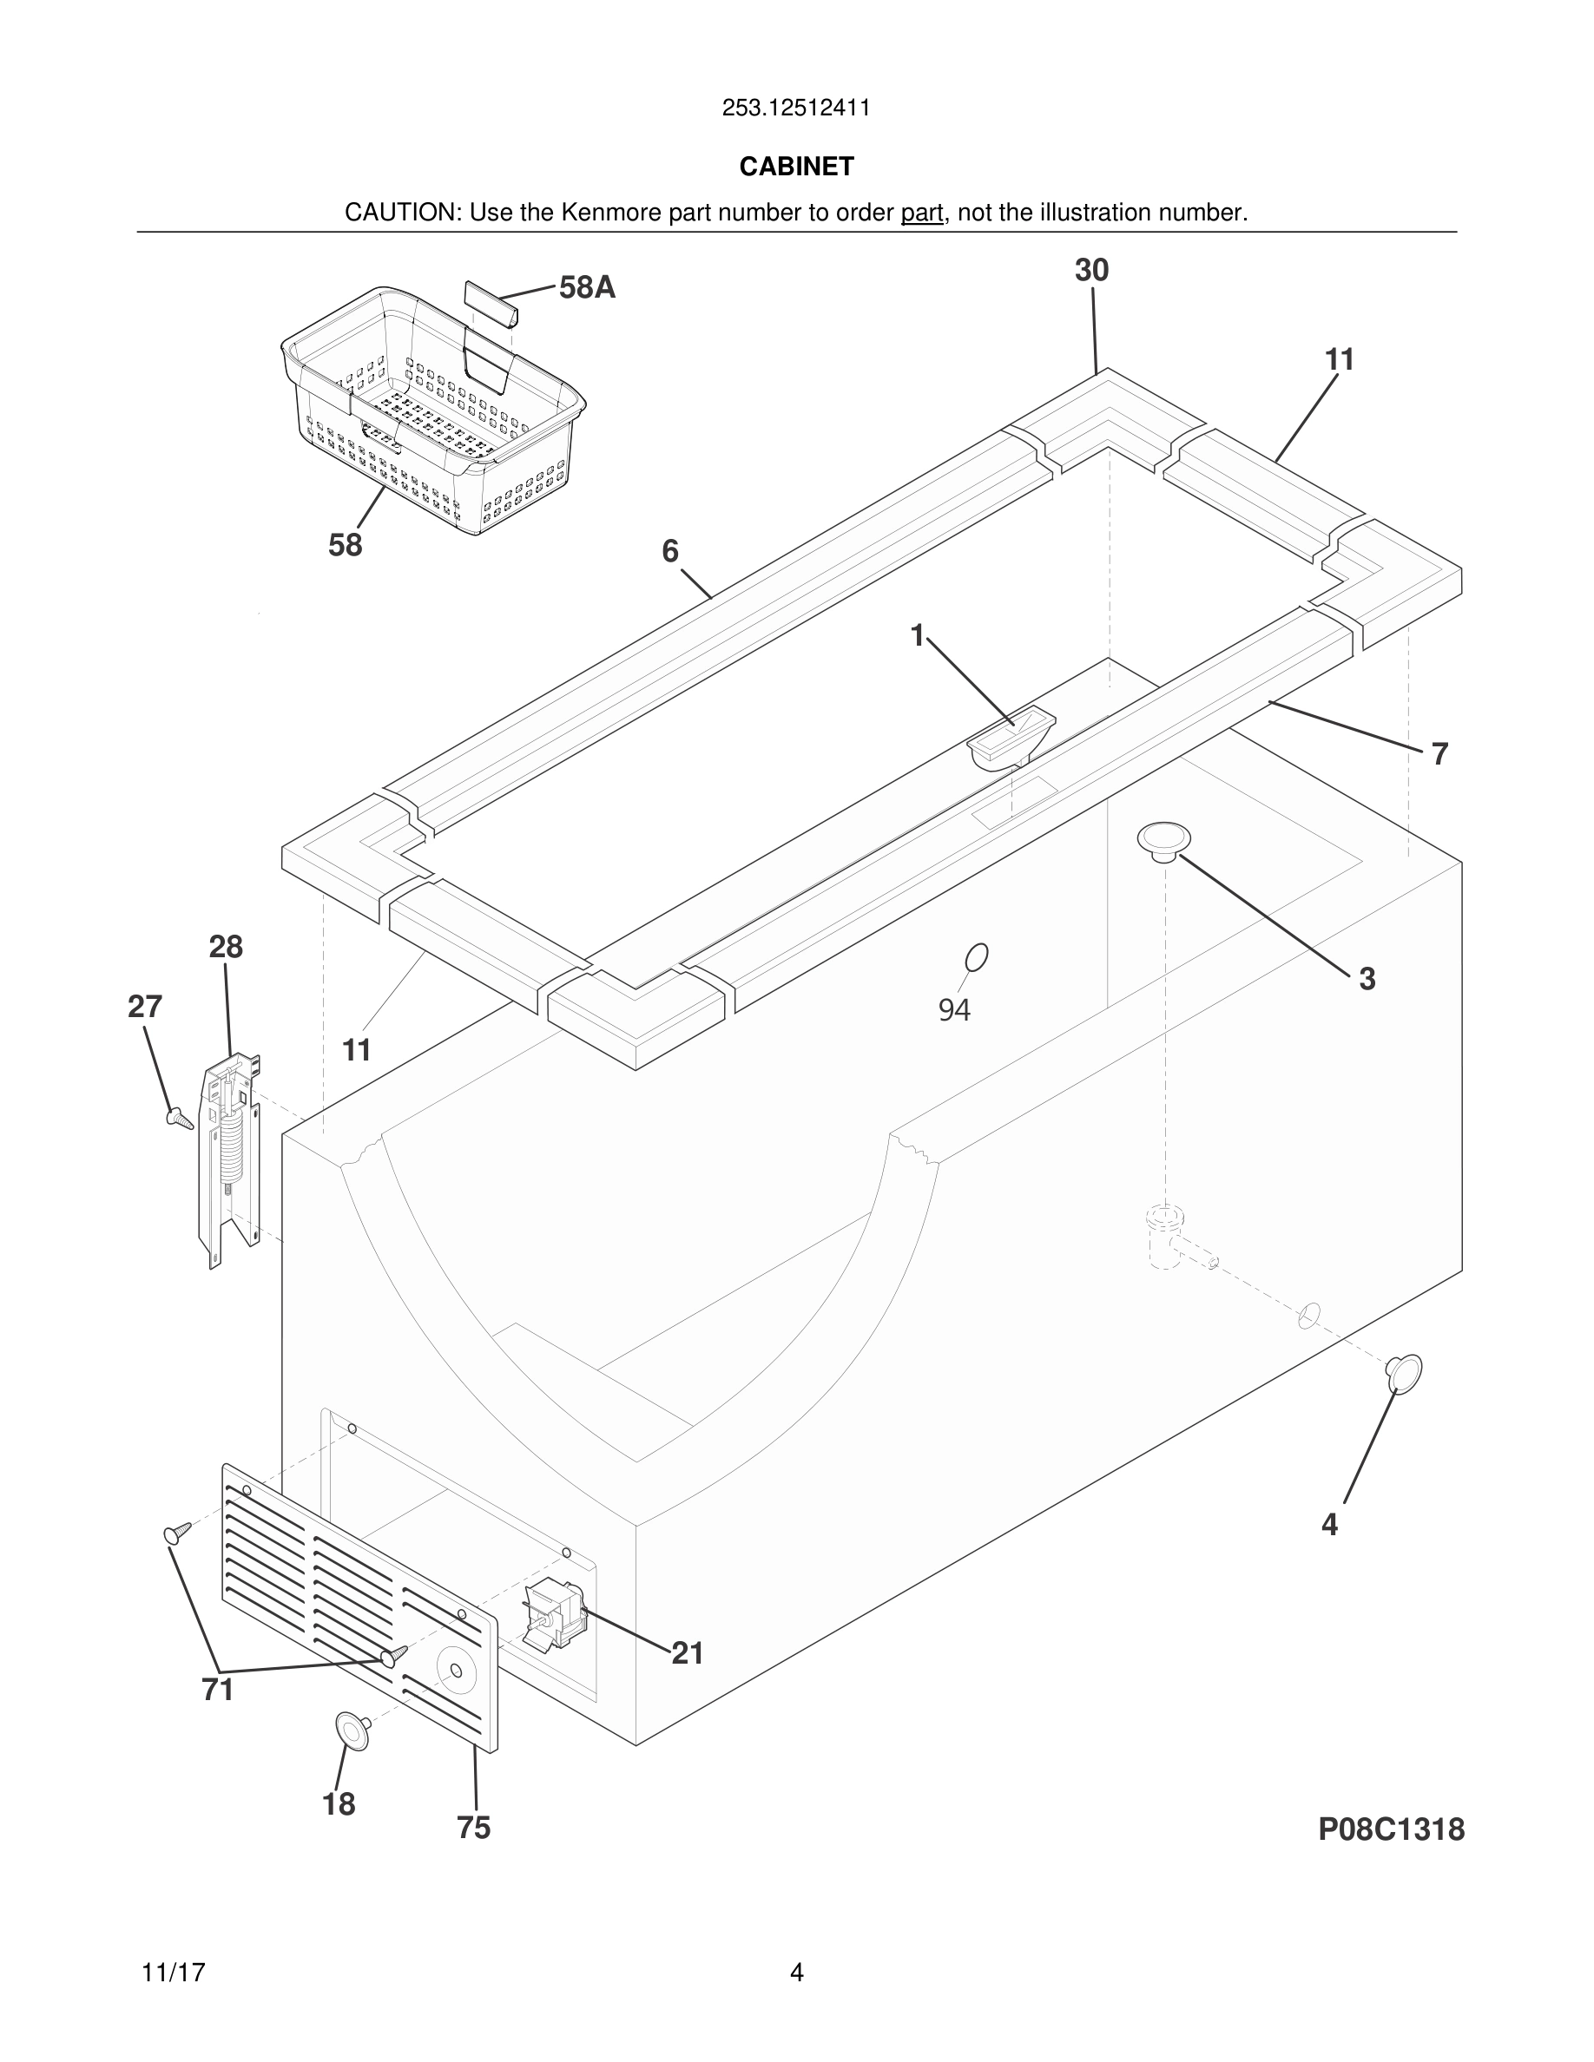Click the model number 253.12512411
pos(795,108)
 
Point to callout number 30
pos(1090,270)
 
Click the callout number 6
pos(669,550)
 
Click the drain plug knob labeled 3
pos(1163,838)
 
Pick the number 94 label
pos(954,1010)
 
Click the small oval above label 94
pos(977,956)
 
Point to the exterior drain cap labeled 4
pos(1404,1373)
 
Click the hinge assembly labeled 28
pos(229,1157)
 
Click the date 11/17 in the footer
pos(173,1973)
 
